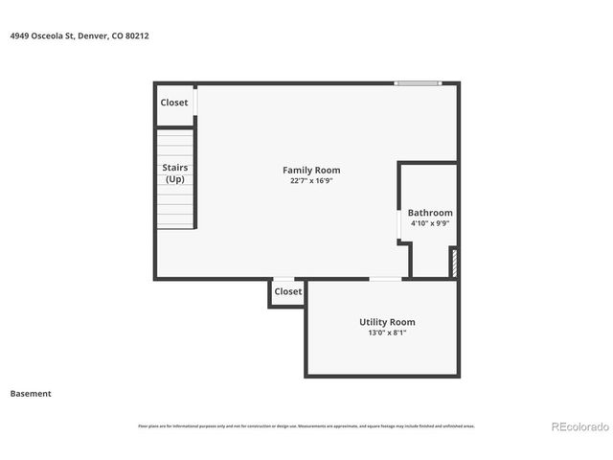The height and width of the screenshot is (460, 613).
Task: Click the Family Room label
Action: point(311,171)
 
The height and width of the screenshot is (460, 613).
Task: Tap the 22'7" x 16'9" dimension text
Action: point(311,180)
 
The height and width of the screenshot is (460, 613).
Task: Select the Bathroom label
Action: point(430,213)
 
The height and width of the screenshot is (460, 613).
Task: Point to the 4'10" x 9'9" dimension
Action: point(430,223)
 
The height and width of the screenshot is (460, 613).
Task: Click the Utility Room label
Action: point(387,322)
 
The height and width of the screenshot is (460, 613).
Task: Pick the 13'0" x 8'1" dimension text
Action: point(387,333)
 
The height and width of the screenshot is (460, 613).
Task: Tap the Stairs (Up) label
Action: point(174,173)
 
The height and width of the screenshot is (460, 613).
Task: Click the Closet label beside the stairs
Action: point(174,103)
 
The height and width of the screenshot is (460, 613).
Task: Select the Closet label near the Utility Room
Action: point(287,291)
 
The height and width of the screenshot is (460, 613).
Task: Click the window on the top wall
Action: point(419,83)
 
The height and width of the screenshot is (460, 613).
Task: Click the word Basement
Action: point(31,393)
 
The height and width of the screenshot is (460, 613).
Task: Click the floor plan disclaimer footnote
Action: point(306,426)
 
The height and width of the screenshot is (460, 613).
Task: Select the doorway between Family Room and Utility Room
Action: point(386,279)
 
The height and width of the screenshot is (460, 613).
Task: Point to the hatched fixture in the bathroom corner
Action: point(454,263)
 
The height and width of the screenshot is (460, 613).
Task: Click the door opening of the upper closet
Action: point(195,102)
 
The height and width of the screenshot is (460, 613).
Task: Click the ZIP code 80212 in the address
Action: point(137,35)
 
